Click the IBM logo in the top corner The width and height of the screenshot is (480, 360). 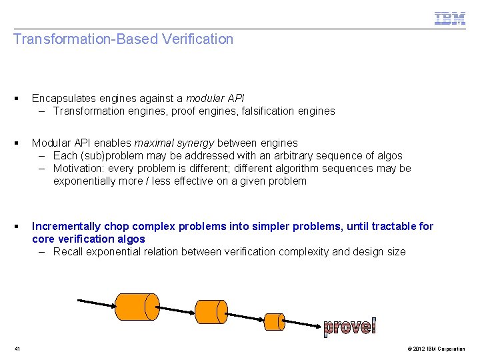450,19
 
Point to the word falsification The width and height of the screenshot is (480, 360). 265,111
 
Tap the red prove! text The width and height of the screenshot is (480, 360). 349,326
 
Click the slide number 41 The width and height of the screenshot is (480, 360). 17,349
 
